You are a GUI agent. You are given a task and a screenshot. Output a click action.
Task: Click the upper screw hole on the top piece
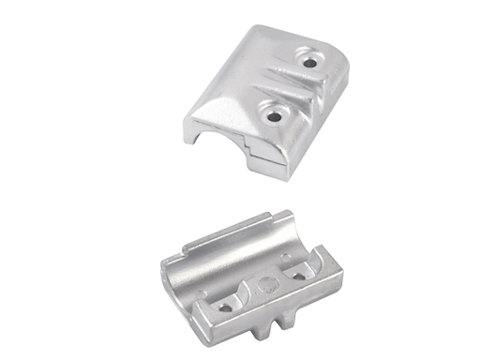pos(309,64)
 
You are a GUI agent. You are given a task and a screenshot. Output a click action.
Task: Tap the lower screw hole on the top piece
pos(275,114)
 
